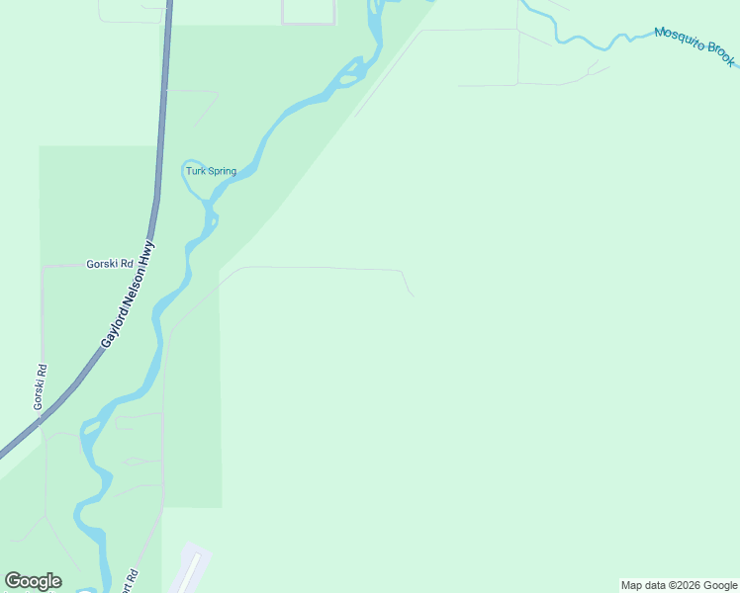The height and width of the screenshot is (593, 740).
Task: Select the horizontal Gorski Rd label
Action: [110, 264]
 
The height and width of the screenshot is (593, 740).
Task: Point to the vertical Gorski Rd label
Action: [40, 388]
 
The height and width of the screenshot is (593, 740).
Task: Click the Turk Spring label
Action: [212, 171]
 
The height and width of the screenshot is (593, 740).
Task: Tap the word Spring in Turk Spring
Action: [221, 171]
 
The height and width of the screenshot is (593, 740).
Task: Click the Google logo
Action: [33, 581]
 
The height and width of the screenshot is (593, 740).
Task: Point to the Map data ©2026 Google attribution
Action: [678, 585]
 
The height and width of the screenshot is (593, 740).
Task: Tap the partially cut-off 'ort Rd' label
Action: [130, 578]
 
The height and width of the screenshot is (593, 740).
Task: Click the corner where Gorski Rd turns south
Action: [43, 267]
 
